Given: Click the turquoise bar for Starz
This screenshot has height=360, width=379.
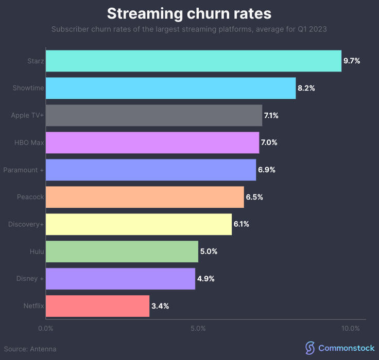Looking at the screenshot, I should (x=193, y=61).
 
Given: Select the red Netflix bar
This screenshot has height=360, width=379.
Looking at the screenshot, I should (x=97, y=305).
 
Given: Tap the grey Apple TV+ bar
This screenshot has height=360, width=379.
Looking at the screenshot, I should (x=153, y=115).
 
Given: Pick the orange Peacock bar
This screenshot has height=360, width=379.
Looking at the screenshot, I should (x=145, y=197).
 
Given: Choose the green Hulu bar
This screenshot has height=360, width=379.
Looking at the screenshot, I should (x=122, y=251).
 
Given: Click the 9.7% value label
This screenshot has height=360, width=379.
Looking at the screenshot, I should (x=352, y=61).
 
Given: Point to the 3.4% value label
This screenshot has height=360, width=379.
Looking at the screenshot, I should (x=160, y=306).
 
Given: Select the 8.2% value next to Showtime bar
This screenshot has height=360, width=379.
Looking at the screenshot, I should (x=306, y=88).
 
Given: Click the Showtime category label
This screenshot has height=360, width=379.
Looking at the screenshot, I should (x=28, y=88).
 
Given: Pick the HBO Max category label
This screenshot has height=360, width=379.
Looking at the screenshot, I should (x=29, y=142).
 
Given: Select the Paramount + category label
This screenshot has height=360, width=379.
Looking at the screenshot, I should (x=24, y=170).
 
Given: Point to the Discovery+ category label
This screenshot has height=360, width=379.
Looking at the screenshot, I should (x=26, y=224).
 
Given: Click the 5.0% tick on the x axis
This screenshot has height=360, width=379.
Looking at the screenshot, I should (x=198, y=328).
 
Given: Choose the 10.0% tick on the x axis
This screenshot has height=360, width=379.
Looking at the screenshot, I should (x=350, y=328).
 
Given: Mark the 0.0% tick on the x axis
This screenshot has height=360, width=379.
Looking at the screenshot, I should (x=46, y=328).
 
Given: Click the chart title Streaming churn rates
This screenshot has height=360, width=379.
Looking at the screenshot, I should (x=189, y=13).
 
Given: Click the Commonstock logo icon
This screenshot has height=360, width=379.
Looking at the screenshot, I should (x=309, y=348).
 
